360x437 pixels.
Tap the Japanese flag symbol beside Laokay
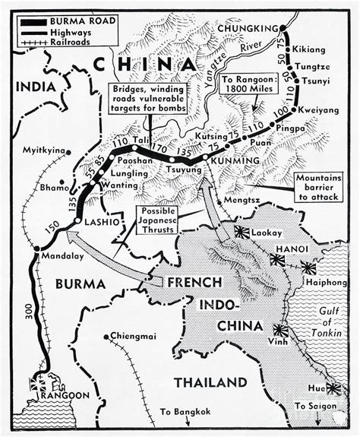click(x=243, y=233)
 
